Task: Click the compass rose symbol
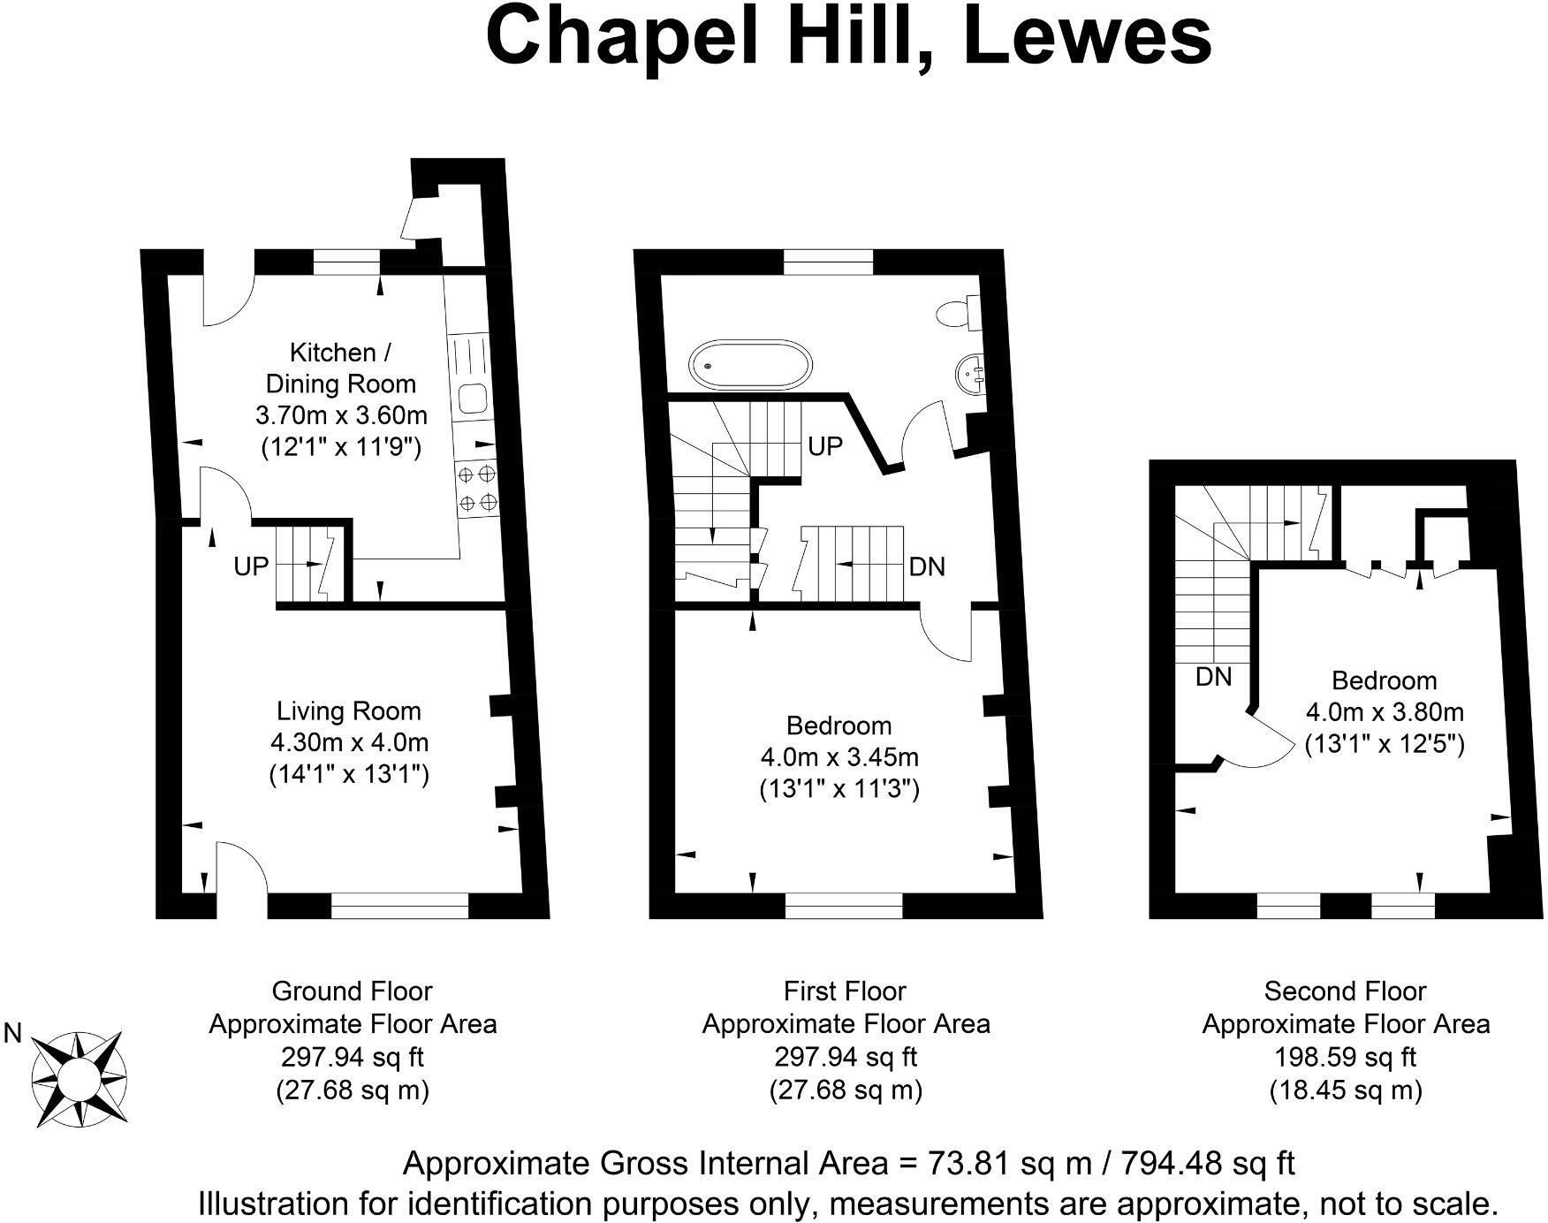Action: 78,1078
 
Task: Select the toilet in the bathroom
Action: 959,313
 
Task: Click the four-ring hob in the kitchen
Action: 477,489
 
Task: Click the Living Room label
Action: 348,711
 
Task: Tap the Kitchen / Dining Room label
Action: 340,368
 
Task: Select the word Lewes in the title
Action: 1088,37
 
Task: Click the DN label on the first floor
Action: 927,566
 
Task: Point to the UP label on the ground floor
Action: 251,566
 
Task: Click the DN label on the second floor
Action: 1213,677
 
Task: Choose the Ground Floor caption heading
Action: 352,991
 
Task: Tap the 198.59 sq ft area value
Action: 1345,1057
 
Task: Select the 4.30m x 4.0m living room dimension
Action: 348,742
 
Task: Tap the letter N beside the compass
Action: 12,1033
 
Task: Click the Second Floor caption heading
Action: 1345,991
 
